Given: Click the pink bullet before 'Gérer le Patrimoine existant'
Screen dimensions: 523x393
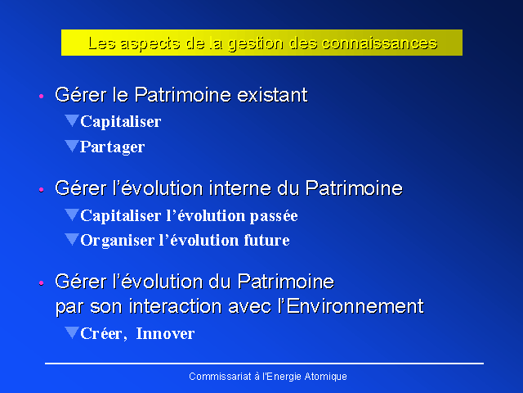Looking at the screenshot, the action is [42, 97].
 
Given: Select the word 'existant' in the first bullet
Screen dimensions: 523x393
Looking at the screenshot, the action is [272, 95].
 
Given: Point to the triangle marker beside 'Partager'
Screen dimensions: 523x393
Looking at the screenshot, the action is [72, 146].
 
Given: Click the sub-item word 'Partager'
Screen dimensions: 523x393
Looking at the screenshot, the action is [113, 147].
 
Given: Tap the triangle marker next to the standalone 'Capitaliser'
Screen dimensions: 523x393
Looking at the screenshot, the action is [72, 120].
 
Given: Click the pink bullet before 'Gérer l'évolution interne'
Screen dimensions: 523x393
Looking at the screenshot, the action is [42, 190].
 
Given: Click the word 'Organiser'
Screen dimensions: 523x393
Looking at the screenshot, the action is [118, 241].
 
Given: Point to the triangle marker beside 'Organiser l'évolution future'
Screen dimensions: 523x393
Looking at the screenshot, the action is [72, 240].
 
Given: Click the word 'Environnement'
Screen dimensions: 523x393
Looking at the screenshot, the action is [355, 306].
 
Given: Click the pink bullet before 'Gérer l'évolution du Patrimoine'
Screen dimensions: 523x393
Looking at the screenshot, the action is [42, 283].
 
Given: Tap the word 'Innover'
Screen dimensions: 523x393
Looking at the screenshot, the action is [165, 333].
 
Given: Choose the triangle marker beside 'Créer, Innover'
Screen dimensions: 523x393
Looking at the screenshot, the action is [72, 332].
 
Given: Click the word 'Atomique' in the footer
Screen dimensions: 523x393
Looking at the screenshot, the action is [325, 377].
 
